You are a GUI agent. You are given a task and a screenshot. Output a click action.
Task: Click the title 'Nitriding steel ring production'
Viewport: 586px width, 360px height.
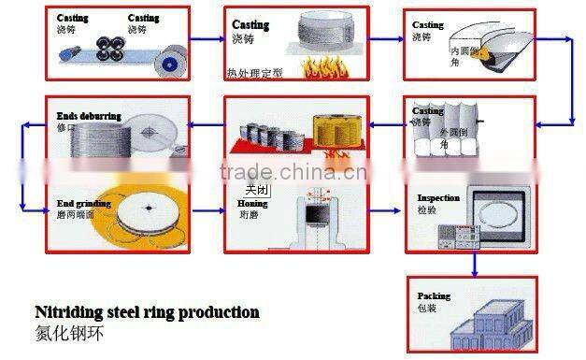147,312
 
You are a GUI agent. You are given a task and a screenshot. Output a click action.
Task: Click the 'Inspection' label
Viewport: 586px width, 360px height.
437,198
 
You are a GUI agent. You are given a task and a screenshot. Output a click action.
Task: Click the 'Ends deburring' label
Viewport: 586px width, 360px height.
89,116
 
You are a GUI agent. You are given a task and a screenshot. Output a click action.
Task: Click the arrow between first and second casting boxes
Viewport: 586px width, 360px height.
205,41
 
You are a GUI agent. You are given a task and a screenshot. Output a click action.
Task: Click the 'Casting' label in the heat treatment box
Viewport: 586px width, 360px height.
250,25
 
